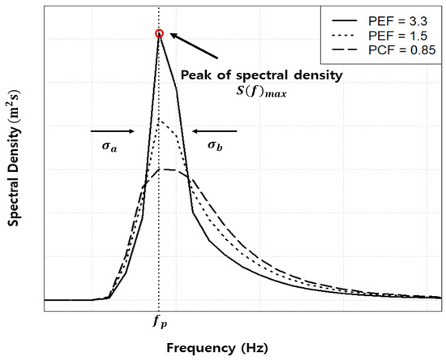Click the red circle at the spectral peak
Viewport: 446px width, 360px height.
click(159, 33)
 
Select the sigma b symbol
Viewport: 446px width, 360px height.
click(215, 146)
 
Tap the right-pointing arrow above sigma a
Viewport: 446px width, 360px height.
click(112, 130)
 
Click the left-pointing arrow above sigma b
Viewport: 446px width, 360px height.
click(215, 130)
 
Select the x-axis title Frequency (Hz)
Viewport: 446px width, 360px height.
click(216, 347)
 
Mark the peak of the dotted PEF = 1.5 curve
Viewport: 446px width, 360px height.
click(160, 121)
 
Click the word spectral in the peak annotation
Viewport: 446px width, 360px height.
click(259, 75)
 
